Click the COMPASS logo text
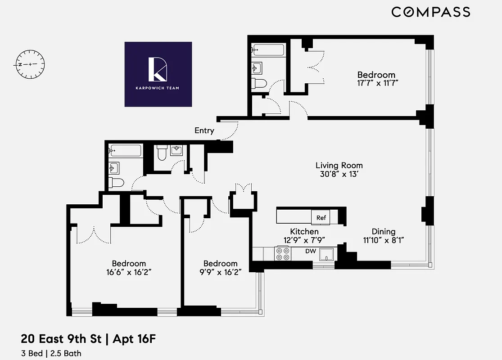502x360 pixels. pyautogui.click(x=430, y=12)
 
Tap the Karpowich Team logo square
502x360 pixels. pyautogui.click(x=158, y=74)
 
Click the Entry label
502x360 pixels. pyautogui.click(x=204, y=131)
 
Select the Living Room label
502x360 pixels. pyautogui.click(x=339, y=166)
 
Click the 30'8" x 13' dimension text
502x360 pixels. pyautogui.click(x=339, y=175)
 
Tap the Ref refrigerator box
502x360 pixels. pyautogui.click(x=321, y=218)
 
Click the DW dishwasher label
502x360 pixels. pyautogui.click(x=311, y=251)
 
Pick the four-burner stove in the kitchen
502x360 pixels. pyautogui.click(x=283, y=254)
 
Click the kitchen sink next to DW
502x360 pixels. pyautogui.click(x=327, y=255)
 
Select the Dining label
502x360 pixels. pyautogui.click(x=384, y=232)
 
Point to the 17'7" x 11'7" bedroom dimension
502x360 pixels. pyautogui.click(x=376, y=83)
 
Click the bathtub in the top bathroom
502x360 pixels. pyautogui.click(x=268, y=49)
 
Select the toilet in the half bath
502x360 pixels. pyautogui.click(x=162, y=153)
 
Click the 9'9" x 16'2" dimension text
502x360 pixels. pyautogui.click(x=220, y=272)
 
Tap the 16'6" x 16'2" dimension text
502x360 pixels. pyautogui.click(x=129, y=272)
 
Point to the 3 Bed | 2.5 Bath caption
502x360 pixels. pyautogui.click(x=51, y=353)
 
